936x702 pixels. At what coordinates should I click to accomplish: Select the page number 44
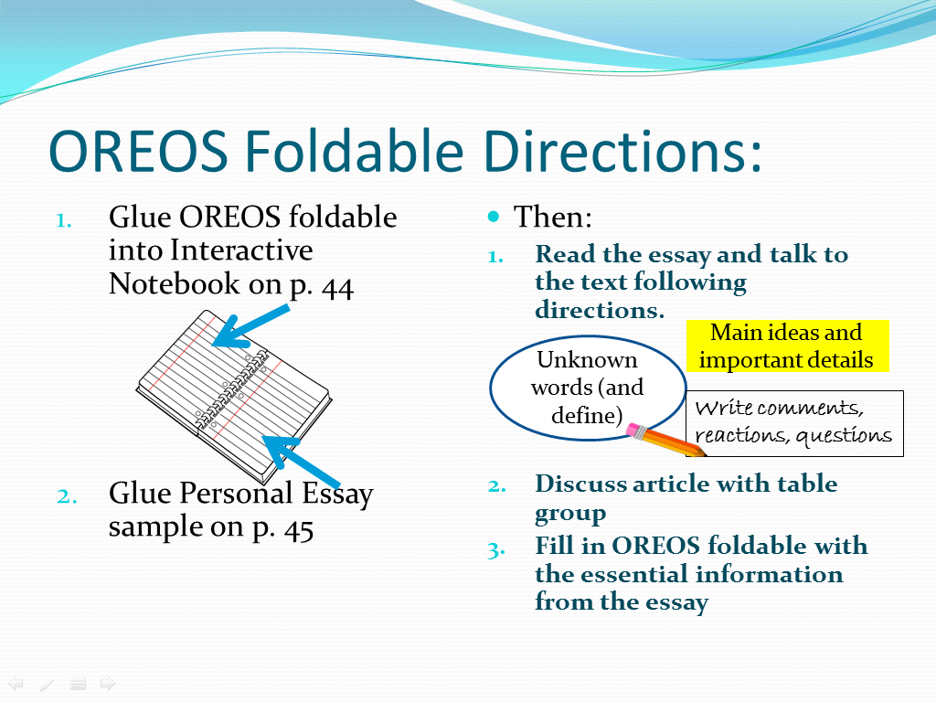(337, 288)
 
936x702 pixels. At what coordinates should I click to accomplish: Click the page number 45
(299, 529)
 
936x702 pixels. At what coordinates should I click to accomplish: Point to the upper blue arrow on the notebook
(250, 326)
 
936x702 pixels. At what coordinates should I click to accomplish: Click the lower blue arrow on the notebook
(302, 462)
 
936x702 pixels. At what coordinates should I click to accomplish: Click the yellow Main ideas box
(787, 346)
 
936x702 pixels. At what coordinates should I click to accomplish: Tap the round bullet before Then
(493, 216)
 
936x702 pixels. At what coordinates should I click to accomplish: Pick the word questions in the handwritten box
(844, 436)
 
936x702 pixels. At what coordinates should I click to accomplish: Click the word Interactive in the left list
(241, 250)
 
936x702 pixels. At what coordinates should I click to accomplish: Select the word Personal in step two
(237, 493)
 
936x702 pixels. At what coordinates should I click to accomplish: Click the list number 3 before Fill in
(495, 549)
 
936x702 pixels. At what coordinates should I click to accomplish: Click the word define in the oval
(584, 415)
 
